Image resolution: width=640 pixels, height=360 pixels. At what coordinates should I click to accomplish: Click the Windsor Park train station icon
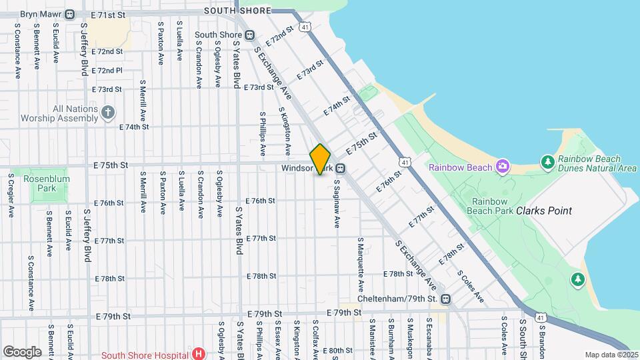tap(341, 168)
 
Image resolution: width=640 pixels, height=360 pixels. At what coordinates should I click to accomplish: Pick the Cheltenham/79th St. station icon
tap(445, 299)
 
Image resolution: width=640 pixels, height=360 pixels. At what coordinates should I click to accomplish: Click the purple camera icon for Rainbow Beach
tap(502, 167)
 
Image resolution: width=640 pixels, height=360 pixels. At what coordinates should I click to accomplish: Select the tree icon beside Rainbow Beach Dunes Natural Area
tap(547, 161)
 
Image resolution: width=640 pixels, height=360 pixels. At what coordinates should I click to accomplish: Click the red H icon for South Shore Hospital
tap(197, 353)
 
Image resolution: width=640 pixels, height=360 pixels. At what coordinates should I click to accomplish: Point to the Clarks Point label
tap(543, 211)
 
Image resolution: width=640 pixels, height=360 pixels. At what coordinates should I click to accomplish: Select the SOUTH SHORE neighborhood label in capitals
tap(237, 11)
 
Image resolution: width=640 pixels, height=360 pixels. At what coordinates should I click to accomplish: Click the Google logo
tap(22, 351)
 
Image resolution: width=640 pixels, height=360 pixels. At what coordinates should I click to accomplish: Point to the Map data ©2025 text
tap(611, 355)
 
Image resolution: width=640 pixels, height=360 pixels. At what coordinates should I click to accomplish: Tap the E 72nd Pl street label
tap(107, 70)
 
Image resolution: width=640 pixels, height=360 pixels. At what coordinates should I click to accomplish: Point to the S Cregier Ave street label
tap(11, 196)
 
